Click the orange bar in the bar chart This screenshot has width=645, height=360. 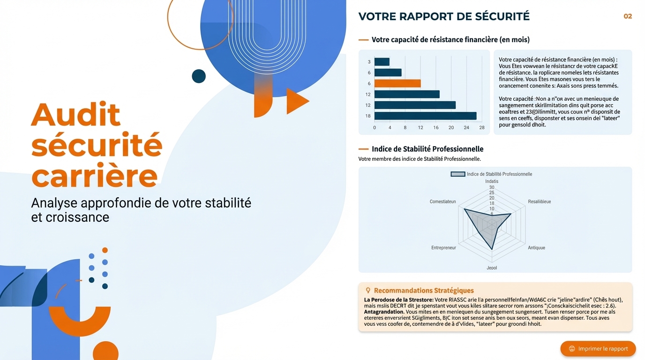coord(397,83)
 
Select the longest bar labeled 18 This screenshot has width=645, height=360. coord(425,116)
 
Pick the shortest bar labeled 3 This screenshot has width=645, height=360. coord(382,62)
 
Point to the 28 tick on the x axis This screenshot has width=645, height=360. coord(482,127)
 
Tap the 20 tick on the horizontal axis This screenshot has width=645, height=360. coord(451,127)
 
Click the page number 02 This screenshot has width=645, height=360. coord(628,16)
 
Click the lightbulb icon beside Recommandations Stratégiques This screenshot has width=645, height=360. coord(368,291)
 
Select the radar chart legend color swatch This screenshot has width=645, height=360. coord(457,174)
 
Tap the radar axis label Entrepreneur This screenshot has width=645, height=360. coord(443,247)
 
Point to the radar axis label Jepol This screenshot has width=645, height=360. coord(492,268)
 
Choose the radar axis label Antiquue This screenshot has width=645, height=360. coord(536,247)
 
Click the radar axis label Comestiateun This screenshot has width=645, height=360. coord(442,202)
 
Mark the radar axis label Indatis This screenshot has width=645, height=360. coord(492,181)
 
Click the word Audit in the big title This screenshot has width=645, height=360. coord(76,114)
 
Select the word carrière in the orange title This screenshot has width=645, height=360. coord(94,176)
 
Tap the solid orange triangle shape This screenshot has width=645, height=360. coord(296,101)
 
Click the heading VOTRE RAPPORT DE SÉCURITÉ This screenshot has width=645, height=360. coord(443,16)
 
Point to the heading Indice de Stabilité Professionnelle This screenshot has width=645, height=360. coord(427,149)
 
